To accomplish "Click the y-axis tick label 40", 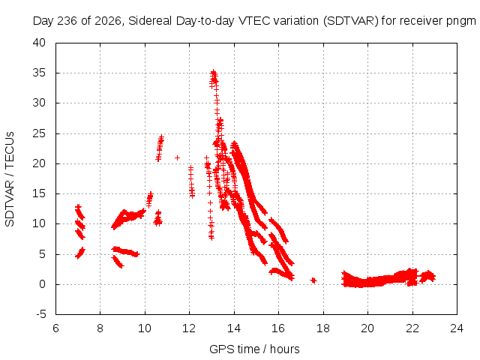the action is [39, 43].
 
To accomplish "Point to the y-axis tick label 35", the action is [39, 73].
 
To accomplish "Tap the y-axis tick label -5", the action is [40, 314].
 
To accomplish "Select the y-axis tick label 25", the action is [39, 133].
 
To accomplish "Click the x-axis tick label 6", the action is [55, 328].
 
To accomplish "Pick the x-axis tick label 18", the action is [323, 328].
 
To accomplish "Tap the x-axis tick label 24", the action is [457, 328].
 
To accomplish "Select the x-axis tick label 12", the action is [189, 328].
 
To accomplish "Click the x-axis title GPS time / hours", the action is [254, 349].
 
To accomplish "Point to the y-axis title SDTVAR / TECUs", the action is [10, 179].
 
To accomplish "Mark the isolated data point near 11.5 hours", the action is [177, 158].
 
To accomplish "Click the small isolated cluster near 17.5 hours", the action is [313, 280].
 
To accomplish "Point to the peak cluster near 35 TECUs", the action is [214, 78].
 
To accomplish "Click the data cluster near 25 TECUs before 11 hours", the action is [160, 148].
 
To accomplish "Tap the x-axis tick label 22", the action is [412, 328].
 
